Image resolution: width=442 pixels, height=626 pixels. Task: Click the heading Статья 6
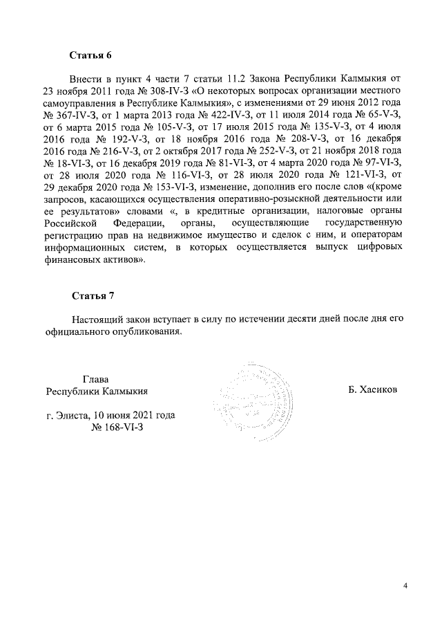(x=91, y=54)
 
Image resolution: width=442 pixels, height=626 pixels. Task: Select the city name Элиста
(x=75, y=415)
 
